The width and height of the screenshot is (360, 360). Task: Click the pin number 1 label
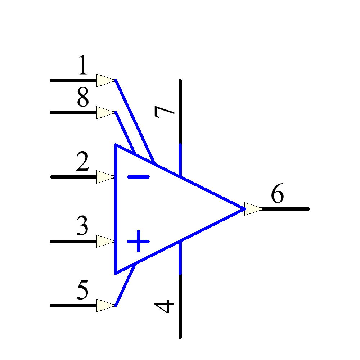pos(83,66)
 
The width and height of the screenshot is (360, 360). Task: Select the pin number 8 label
pos(83,98)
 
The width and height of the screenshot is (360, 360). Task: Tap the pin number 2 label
pos(83,162)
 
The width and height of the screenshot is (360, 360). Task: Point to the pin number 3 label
pos(83,226)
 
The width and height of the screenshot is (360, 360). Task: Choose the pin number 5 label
pos(83,291)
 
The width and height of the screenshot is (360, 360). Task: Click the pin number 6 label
pos(277,195)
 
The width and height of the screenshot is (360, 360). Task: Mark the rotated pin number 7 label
pos(165,112)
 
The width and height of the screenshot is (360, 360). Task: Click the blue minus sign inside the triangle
pos(138,177)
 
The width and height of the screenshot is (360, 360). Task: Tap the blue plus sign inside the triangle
pos(138,241)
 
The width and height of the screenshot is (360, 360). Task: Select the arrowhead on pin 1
pos(105,80)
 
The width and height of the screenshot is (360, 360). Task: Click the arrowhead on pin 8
pos(105,112)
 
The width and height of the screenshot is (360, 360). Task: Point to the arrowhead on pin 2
pos(105,177)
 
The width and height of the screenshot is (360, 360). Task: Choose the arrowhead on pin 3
pos(105,241)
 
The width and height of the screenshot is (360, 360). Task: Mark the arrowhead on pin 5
pos(105,305)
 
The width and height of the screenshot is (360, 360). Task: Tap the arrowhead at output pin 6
pos(253,209)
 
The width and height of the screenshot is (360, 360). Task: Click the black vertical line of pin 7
pos(180,112)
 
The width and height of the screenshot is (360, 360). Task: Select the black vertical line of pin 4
pos(180,306)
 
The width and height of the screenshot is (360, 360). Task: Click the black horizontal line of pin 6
pos(286,209)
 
